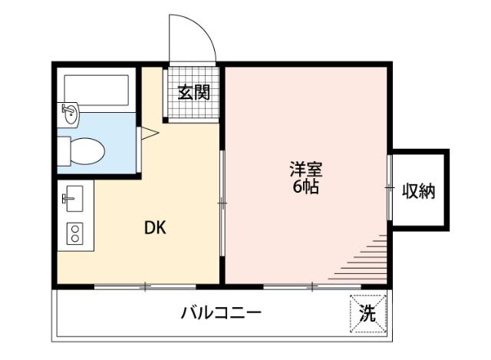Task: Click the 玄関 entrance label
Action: (x=193, y=93)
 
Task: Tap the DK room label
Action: (x=156, y=228)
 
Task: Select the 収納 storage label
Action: (x=419, y=191)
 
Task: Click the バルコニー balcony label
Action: (x=222, y=313)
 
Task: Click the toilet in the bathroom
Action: (x=82, y=150)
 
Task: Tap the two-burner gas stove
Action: (x=74, y=233)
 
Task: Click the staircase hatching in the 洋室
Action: (x=364, y=258)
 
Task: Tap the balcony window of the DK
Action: (x=145, y=287)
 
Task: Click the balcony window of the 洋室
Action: (x=312, y=287)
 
